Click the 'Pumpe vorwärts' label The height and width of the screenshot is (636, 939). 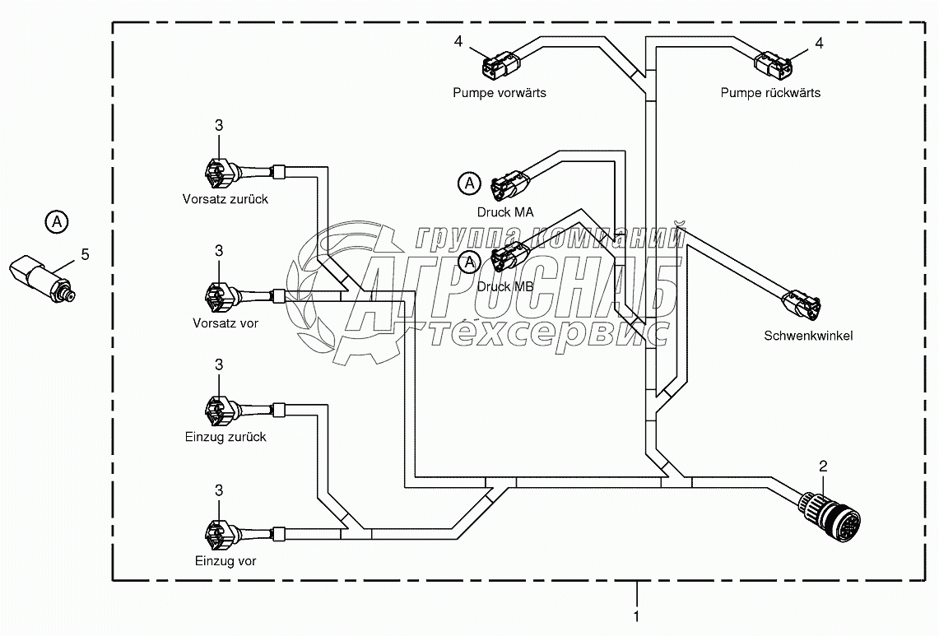[x=499, y=93]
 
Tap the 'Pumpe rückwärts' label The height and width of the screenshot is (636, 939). [x=770, y=93]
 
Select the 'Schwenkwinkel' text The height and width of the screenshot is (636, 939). [x=808, y=336]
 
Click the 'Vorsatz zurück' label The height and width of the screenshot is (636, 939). [x=225, y=199]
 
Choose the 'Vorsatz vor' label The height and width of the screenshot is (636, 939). [x=225, y=323]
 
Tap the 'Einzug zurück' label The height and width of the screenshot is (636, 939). [x=225, y=438]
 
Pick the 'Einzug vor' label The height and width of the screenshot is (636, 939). [x=225, y=561]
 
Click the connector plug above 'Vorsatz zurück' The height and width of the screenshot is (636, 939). [x=216, y=173]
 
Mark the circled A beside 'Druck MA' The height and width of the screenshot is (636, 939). [x=468, y=183]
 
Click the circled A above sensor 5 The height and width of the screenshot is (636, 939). [x=56, y=221]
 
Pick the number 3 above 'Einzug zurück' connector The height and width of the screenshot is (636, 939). [x=219, y=364]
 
